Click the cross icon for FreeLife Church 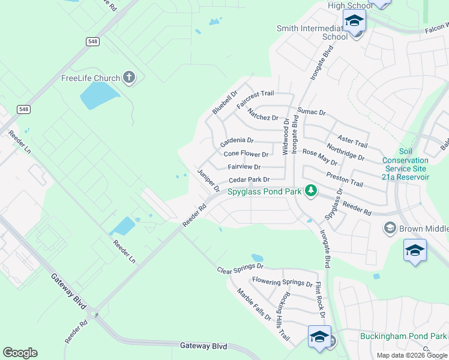pos(128,77)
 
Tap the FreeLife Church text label pos(90,78)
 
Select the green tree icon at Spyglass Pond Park pos(310,191)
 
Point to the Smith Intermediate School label pos(312,32)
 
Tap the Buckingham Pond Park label pos(403,337)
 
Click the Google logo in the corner pos(20,353)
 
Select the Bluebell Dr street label pos(225,103)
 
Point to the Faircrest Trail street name pos(255,99)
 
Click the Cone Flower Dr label pos(246,154)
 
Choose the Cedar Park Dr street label pos(249,179)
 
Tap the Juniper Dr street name pos(208,181)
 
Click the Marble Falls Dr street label pos(254,305)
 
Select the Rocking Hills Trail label pos(283,317)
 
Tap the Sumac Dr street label pos(312,112)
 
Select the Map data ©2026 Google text pos(412,355)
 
